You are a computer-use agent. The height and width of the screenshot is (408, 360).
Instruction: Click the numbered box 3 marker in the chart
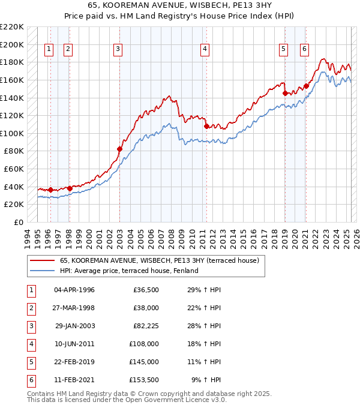click(118, 49)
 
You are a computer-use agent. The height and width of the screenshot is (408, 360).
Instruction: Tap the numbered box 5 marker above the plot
click(283, 49)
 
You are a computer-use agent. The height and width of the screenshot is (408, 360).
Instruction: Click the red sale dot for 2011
click(206, 127)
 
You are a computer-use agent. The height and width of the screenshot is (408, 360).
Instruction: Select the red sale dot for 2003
click(119, 149)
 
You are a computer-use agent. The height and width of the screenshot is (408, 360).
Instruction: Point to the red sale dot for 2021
click(306, 86)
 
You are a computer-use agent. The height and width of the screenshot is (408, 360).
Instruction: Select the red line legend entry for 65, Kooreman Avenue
click(159, 260)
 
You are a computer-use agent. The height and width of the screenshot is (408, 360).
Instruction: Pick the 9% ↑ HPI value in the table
click(206, 380)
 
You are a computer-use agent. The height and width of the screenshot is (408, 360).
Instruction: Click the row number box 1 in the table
click(30, 290)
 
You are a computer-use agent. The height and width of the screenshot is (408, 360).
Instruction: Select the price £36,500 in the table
click(146, 290)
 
